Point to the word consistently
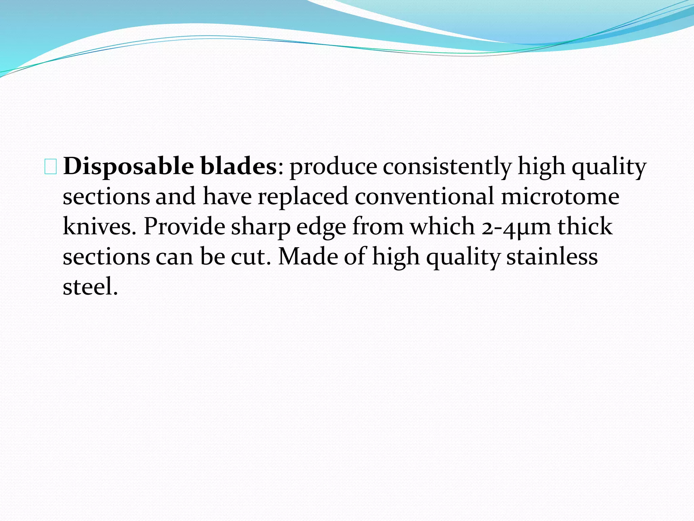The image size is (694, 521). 447,167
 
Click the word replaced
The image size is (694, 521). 303,197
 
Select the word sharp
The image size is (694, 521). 261,227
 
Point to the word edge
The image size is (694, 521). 321,227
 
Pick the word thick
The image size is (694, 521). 585,227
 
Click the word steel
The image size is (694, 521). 90,286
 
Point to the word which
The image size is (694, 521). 442,227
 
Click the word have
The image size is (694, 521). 227,197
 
